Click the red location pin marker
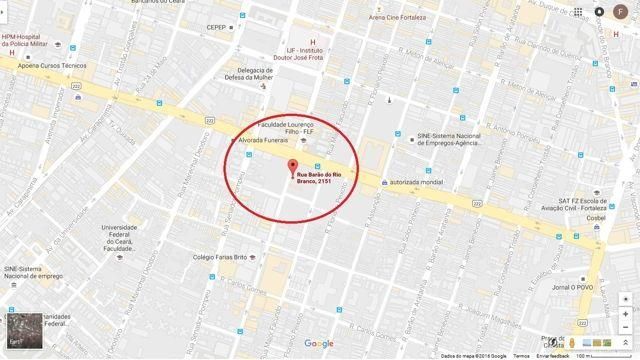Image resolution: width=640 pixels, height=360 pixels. [x=292, y=167]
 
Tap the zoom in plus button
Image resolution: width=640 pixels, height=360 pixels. [x=624, y=313]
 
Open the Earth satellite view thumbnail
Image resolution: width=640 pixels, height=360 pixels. [x=26, y=335]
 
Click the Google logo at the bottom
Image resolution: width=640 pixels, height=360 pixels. [x=319, y=343]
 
